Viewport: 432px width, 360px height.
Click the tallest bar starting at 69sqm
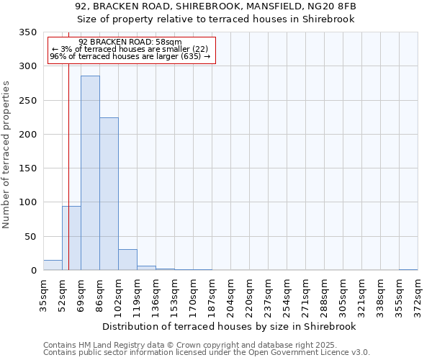point(90,173)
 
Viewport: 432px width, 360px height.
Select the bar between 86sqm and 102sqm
point(109,194)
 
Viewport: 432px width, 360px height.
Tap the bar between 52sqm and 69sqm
point(71,238)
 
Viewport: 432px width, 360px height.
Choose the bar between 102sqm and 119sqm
point(127,260)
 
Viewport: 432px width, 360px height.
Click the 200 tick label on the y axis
point(28,135)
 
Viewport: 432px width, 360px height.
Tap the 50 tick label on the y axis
point(31,237)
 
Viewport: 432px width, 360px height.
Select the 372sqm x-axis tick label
point(418,296)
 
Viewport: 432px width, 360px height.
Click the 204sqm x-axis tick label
point(230,296)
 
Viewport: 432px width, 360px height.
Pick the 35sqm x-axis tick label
point(43,296)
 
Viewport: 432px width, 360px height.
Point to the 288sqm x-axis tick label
point(324,296)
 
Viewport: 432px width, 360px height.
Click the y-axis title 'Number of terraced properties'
point(7,155)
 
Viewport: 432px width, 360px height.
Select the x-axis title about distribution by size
point(230,326)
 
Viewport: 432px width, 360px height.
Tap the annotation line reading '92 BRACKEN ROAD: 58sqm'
point(130,42)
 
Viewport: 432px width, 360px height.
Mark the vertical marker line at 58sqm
point(68,166)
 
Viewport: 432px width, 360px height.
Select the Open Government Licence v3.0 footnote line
point(206,353)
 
